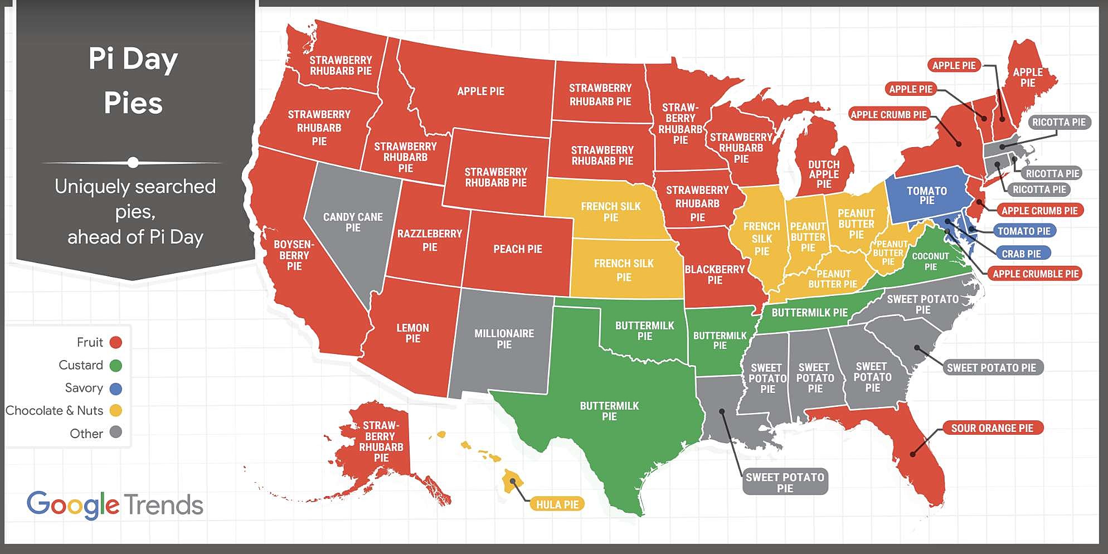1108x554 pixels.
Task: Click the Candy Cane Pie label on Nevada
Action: [353, 222]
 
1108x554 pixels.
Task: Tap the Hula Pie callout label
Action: [557, 504]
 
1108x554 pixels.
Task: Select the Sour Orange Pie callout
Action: [992, 428]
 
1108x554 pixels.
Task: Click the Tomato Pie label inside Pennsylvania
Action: [927, 196]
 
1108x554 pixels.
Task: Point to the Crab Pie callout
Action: [1021, 254]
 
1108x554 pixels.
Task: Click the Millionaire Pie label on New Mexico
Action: [504, 339]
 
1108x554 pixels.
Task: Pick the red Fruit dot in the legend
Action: [116, 342]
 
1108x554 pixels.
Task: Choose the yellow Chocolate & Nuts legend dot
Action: [116, 411]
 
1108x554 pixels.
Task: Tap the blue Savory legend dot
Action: [116, 388]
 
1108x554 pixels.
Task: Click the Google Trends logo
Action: [115, 505]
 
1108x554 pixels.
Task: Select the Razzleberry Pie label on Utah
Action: [430, 240]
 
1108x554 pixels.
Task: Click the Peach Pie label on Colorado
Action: [517, 249]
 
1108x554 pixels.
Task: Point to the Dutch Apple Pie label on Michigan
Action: [824, 174]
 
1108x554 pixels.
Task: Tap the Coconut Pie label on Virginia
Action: [930, 261]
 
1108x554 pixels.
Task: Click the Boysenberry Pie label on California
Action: [294, 255]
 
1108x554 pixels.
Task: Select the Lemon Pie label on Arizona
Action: [412, 333]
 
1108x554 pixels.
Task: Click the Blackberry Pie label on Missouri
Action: [715, 275]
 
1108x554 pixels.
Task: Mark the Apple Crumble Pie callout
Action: [1036, 274]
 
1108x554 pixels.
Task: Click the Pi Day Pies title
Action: [133, 81]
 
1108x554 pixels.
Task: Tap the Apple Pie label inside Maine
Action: [1027, 77]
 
